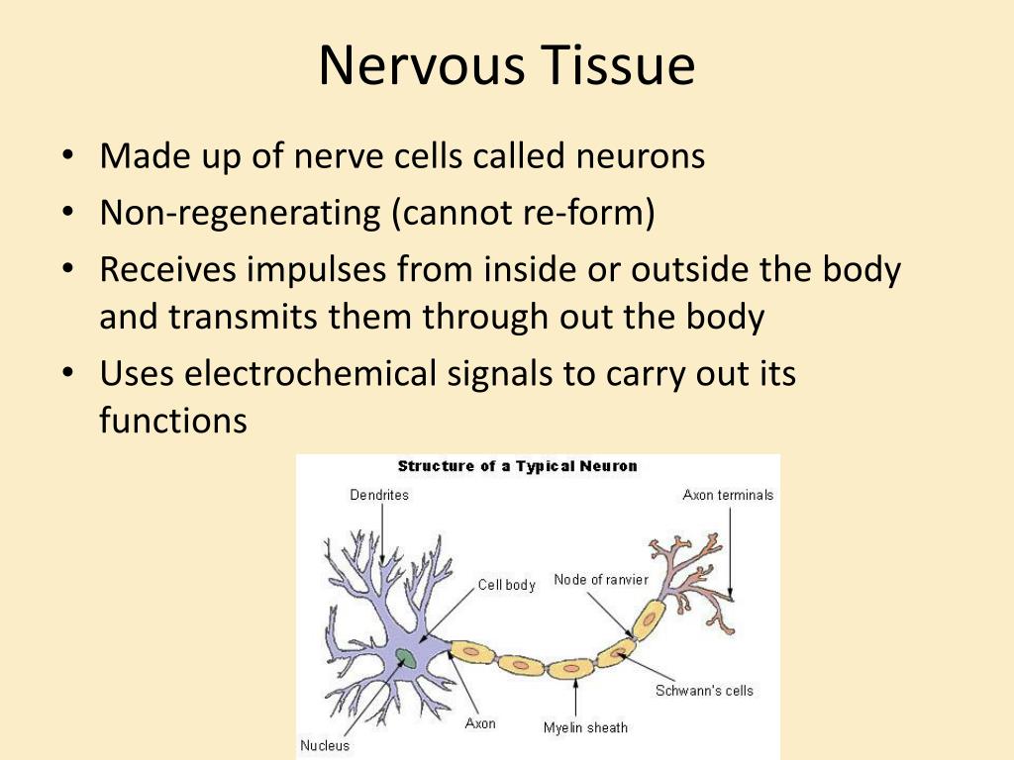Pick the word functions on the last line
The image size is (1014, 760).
pyautogui.click(x=172, y=421)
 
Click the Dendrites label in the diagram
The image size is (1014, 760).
pyautogui.click(x=379, y=495)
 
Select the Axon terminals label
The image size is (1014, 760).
pyautogui.click(x=728, y=495)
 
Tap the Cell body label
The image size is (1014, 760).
pyautogui.click(x=506, y=585)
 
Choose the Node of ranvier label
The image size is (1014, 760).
pyautogui.click(x=601, y=579)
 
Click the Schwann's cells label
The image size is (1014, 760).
pyautogui.click(x=704, y=691)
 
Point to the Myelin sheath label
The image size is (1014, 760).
pyautogui.click(x=585, y=728)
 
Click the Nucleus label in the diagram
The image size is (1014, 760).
pyautogui.click(x=325, y=745)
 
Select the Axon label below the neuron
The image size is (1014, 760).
pyautogui.click(x=480, y=723)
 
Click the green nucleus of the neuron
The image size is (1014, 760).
pyautogui.click(x=405, y=656)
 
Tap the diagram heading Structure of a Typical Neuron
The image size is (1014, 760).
pyautogui.click(x=518, y=466)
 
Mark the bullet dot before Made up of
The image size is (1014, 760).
pyautogui.click(x=67, y=157)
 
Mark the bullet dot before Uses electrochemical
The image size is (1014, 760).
pyautogui.click(x=67, y=374)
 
